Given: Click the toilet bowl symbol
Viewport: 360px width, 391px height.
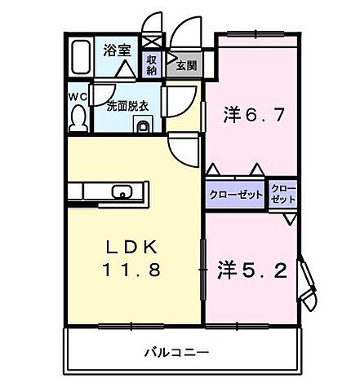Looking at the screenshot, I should coord(78,120).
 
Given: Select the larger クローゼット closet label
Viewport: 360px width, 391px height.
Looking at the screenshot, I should coord(235,194).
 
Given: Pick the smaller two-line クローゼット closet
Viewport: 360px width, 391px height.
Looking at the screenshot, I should coord(283,194).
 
